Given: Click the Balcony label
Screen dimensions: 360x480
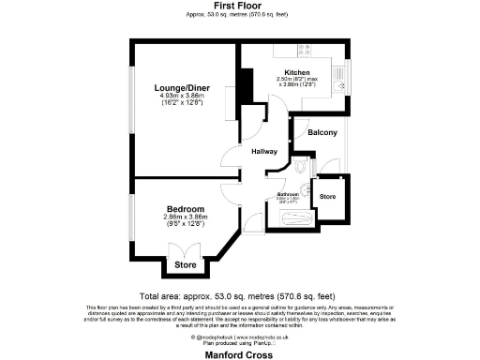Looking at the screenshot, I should [322, 133].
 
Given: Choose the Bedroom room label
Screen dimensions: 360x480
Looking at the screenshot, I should [186, 207].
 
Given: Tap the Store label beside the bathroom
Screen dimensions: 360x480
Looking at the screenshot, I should [327, 197].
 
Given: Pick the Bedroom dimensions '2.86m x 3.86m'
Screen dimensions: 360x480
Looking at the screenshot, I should [186, 216].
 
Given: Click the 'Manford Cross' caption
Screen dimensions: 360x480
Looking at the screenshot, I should [240, 354].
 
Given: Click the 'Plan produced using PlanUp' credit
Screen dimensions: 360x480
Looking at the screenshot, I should [240, 344].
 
